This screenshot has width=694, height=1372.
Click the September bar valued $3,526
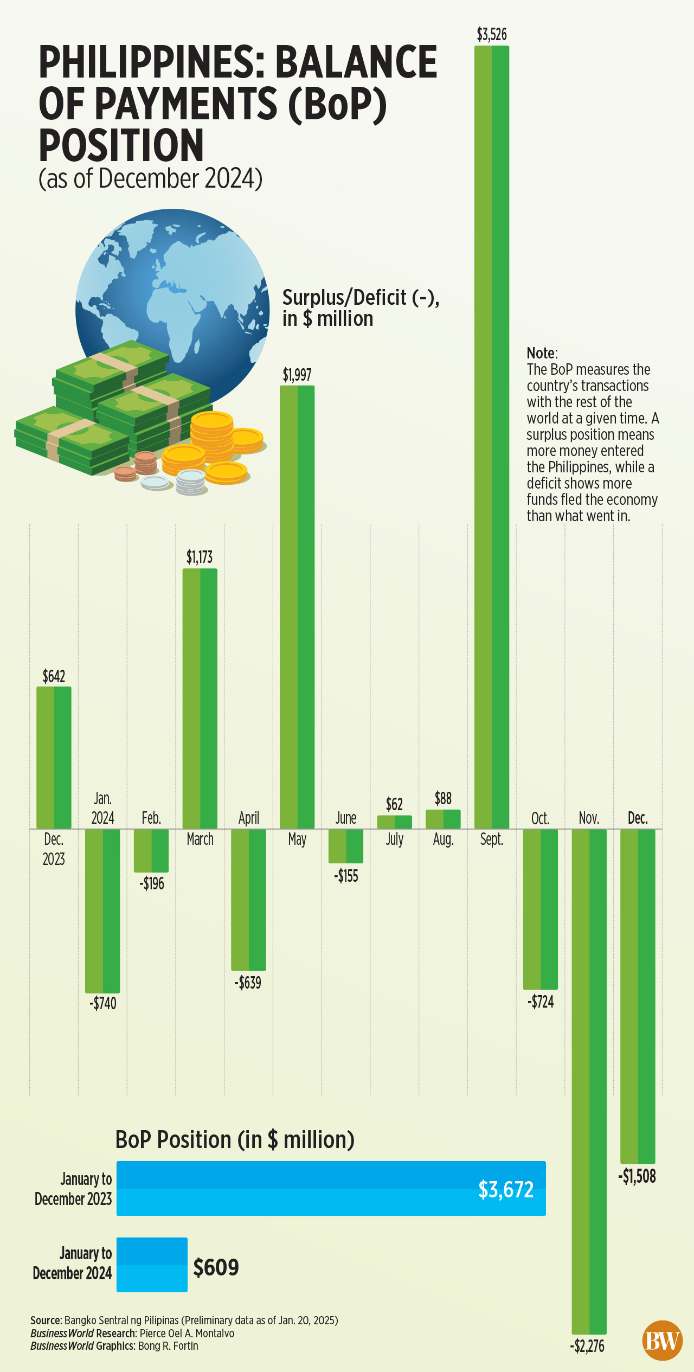[x=492, y=434]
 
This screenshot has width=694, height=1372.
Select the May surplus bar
[x=297, y=607]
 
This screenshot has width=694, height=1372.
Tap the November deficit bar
[x=589, y=1079]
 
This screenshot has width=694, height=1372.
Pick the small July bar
[x=394, y=822]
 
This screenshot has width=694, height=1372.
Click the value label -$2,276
[x=587, y=1347]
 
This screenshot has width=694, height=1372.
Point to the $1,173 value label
[x=200, y=557]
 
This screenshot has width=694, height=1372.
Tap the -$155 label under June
[x=346, y=876]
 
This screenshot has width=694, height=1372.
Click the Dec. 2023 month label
[x=54, y=849]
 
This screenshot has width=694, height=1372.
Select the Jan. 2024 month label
[x=102, y=808]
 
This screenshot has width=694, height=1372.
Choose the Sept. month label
[x=492, y=839]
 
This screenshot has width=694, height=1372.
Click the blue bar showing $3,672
[x=331, y=1188]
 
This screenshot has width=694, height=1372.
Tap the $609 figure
[x=216, y=1267]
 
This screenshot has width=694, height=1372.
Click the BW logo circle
[x=662, y=1340]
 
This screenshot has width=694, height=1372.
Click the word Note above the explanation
[x=541, y=353]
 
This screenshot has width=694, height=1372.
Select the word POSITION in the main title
[x=121, y=145]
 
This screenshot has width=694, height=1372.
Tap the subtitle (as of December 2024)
[x=150, y=178]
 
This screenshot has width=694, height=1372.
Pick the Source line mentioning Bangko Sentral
[x=184, y=1320]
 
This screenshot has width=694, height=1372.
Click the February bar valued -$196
[x=151, y=850]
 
